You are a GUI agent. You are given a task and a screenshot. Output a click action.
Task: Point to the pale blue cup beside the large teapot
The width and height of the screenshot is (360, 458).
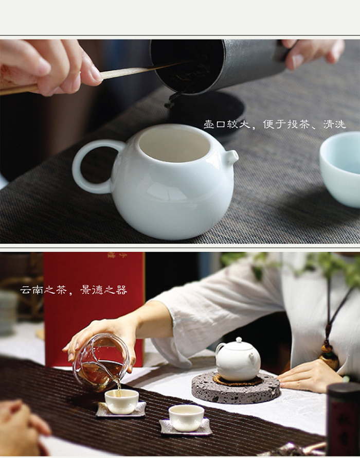point(340,169)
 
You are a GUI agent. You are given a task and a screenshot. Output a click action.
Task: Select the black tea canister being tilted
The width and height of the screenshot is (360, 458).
point(219,66)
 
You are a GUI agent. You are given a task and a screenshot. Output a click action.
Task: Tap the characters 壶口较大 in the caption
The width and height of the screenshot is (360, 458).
point(227,125)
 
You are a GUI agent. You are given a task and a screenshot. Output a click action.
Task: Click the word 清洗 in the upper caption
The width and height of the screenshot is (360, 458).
point(334,125)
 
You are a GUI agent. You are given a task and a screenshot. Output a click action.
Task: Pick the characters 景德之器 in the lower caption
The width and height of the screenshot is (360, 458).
point(104,290)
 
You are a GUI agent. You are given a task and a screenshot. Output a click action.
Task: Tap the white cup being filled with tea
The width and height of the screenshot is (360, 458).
point(122,401)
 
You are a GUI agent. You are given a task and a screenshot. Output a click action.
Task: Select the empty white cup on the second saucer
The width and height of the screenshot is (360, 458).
point(186,418)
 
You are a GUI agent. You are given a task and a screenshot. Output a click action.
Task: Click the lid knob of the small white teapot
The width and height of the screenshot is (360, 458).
point(239,340)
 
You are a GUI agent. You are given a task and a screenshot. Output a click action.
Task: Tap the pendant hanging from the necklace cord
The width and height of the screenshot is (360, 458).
point(329,356)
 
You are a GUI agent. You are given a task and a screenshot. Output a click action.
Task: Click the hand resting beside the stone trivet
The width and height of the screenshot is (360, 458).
point(310,377)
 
